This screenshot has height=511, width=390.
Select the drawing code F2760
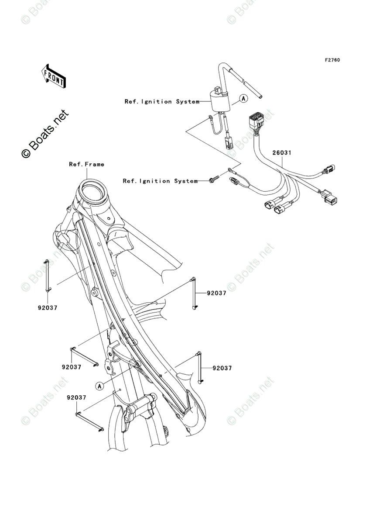coord(332,60)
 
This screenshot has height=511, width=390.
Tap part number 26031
coord(282,153)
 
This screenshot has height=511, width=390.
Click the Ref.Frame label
coord(86,165)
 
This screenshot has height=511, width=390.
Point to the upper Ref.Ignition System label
coord(161,102)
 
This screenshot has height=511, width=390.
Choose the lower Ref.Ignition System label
coord(160,181)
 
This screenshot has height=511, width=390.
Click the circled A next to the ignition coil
coord(243,98)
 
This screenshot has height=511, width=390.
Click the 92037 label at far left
coord(47,307)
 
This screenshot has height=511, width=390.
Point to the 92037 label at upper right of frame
coord(216,293)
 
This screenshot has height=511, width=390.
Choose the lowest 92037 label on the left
coord(76,398)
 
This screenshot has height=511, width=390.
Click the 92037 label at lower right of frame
coord(222,368)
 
